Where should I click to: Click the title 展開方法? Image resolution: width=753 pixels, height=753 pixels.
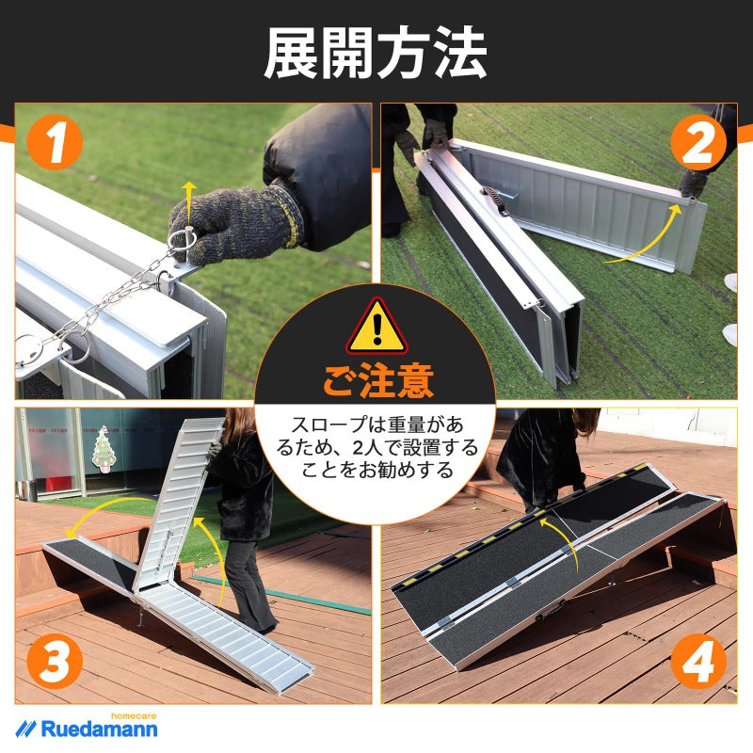(376, 53)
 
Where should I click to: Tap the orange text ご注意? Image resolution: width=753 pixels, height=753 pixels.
(376, 381)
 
